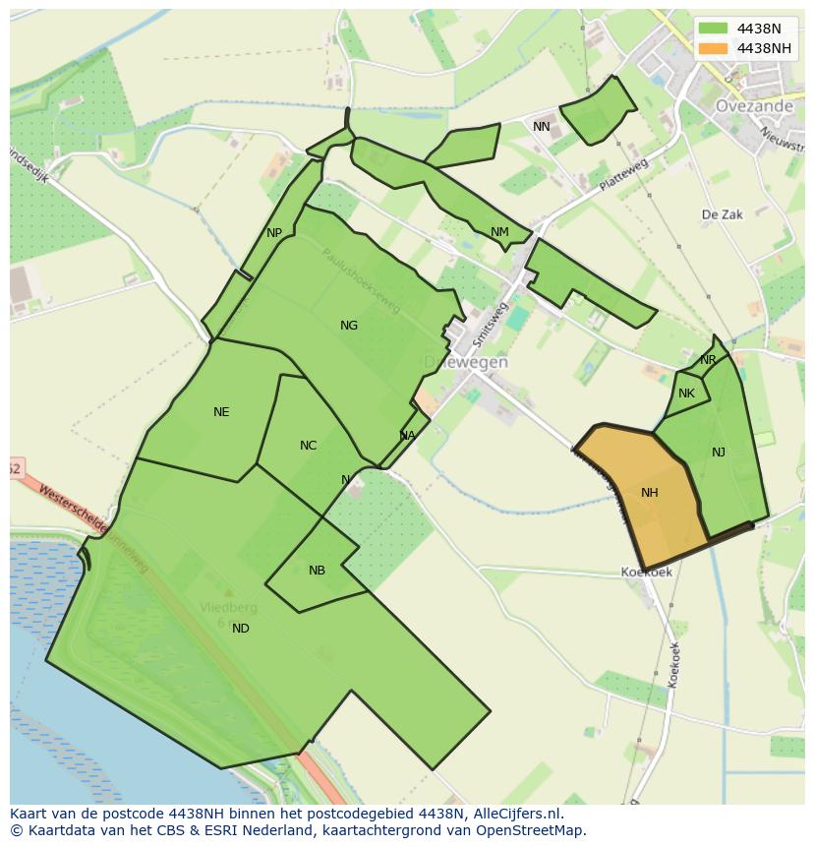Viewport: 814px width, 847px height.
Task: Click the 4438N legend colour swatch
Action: [714, 28]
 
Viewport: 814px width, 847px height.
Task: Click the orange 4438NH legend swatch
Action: [714, 48]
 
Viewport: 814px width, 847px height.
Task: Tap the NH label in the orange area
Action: [649, 493]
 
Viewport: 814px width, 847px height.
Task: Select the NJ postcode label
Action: [719, 453]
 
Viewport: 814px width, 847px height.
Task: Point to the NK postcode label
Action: [686, 393]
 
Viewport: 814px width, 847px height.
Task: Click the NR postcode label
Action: [708, 360]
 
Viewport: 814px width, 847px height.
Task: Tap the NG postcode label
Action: [349, 326]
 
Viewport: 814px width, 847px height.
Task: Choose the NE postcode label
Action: [221, 412]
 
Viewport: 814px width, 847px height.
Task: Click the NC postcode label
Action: [308, 446]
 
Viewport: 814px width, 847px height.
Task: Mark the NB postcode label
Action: [317, 571]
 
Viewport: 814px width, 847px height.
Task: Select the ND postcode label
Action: [241, 629]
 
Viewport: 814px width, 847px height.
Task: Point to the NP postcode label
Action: [274, 233]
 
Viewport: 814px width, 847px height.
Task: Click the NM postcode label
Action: [499, 232]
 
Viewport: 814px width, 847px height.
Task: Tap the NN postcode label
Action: [542, 127]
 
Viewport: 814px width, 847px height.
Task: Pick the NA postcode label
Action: [407, 436]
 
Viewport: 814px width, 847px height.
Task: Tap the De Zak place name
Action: [722, 214]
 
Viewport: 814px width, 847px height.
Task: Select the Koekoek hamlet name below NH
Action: [646, 572]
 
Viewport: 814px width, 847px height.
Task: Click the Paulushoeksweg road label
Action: [361, 280]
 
